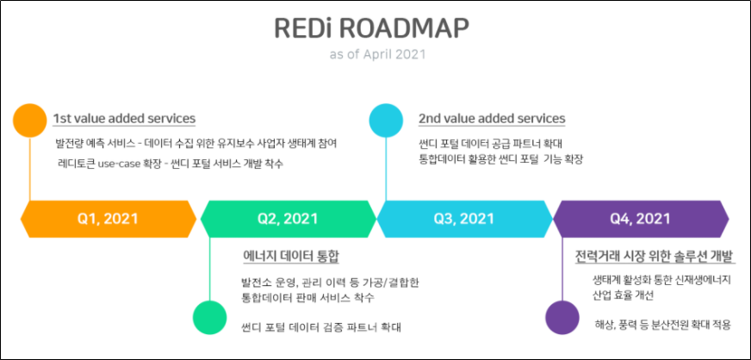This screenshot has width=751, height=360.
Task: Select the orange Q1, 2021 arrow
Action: point(107,219)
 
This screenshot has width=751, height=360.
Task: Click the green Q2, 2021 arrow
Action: point(288,219)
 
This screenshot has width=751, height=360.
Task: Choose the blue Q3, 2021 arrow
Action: point(464,219)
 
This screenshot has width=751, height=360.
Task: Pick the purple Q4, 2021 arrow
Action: point(640,219)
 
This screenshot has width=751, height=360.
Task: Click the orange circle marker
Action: point(30,120)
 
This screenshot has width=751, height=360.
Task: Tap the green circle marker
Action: point(209,317)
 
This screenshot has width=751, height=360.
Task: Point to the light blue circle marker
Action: point(385,120)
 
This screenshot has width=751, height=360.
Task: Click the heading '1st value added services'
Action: point(124,118)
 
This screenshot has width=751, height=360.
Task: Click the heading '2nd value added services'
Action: point(492,118)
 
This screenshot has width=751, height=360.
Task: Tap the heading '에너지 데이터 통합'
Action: point(292,257)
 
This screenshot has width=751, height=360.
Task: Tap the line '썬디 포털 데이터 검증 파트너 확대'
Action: point(321,327)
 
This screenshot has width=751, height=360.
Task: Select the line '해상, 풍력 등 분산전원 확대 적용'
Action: point(662,325)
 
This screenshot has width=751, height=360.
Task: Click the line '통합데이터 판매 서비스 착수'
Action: point(308,297)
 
